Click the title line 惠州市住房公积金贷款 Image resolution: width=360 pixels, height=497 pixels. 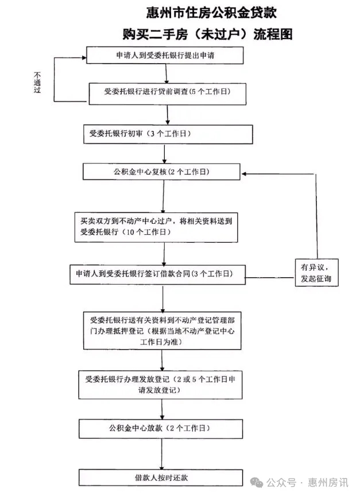tap(211, 13)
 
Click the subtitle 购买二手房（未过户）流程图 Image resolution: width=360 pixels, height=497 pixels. tap(208, 34)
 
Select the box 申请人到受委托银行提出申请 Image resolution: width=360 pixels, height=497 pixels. tap(165, 55)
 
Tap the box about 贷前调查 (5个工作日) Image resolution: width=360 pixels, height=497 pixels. tap(168, 94)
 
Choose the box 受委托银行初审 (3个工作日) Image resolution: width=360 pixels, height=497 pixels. tap(168, 134)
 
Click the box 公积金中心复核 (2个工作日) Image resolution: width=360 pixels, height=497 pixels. tap(161, 172)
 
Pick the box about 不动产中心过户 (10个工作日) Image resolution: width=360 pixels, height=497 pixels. tap(156, 227)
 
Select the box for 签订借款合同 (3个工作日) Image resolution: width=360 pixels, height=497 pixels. tap(158, 274)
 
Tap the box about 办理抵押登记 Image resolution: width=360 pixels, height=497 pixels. tap(162, 331)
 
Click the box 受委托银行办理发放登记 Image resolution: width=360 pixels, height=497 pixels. tap(161, 385)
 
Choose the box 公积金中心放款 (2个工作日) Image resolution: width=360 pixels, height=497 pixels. tap(161, 429)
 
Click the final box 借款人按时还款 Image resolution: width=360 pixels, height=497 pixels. tap(161, 477)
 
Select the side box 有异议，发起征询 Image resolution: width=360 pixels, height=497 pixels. tap(316, 273)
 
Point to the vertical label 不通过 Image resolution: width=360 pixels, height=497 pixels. tap(37, 82)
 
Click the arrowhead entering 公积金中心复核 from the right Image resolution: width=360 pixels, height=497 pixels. tap(243, 174)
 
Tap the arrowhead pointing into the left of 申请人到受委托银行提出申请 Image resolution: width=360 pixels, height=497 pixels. tap(84, 58)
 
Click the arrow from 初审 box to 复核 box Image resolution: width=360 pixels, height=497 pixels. tap(164, 154)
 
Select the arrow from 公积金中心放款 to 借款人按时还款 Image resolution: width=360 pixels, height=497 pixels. tap(162, 454)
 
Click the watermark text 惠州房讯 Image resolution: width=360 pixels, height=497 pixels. tap(328, 483)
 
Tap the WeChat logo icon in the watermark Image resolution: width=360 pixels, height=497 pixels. tap(257, 483)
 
